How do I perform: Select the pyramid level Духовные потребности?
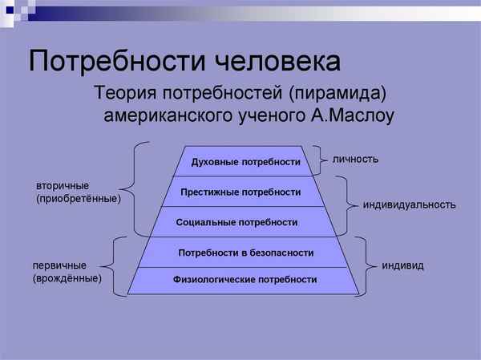(245, 163)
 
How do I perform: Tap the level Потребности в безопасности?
(245, 252)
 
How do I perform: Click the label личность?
(355, 160)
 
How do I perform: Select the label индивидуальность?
(409, 204)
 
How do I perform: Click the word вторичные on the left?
(63, 185)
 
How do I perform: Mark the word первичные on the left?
(59, 265)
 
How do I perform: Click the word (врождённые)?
(67, 278)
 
